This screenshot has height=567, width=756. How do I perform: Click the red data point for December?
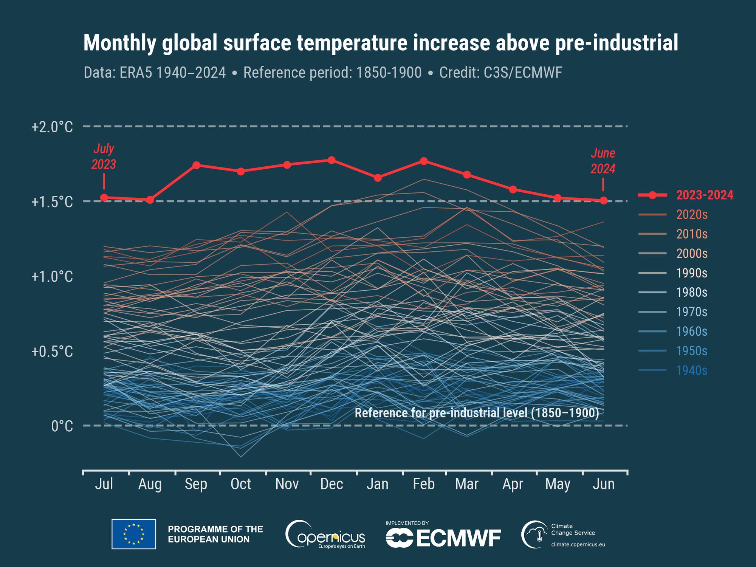pos(332,160)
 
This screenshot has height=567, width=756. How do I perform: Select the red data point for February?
pos(424,161)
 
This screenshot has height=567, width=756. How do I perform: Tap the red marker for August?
pos(150,200)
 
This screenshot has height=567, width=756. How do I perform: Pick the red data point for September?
pos(196,165)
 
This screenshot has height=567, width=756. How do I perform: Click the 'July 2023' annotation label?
pos(104,156)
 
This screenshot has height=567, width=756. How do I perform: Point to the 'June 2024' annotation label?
pos(603,161)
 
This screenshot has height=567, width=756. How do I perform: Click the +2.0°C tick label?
pos(52,127)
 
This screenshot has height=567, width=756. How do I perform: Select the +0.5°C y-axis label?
pos(52,352)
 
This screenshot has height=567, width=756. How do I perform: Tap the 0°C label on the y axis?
pos(62,426)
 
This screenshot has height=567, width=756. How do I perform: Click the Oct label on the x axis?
pos(241,484)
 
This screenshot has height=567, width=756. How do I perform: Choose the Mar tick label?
pos(467,484)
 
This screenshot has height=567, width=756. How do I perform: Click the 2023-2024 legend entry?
pos(705,195)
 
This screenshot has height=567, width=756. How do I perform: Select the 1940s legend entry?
pos(691,370)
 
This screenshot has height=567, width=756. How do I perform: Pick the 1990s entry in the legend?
pos(691,273)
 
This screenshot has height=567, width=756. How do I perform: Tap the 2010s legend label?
pos(691,234)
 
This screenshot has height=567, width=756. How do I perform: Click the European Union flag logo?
pos(134,534)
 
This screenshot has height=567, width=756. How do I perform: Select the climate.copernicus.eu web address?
pos(578,545)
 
